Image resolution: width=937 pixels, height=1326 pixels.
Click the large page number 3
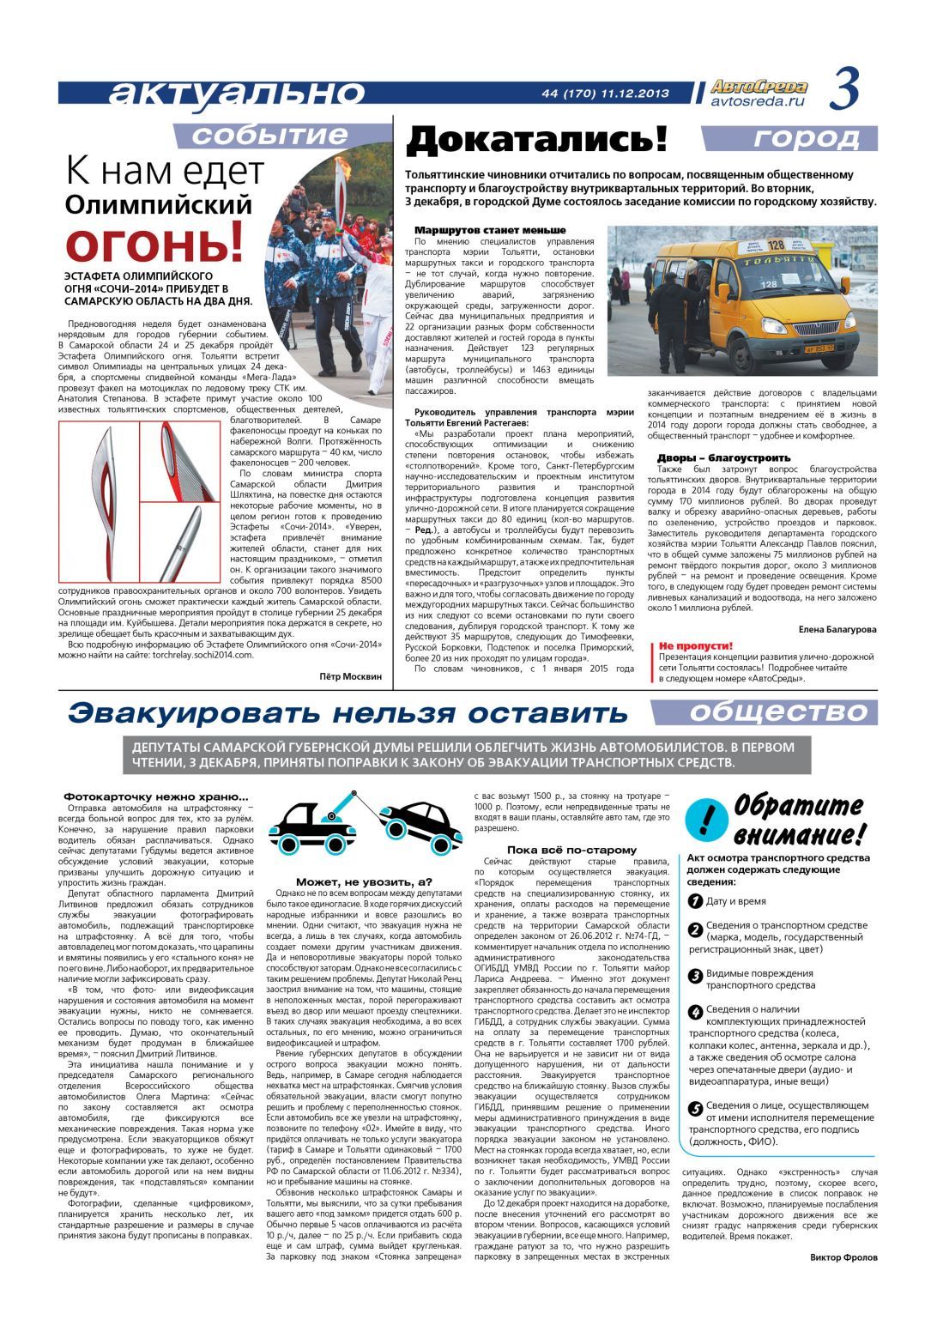coord(844,91)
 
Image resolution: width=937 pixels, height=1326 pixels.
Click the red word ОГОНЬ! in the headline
coord(154,243)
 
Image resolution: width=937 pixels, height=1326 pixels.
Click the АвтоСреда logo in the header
coord(760,87)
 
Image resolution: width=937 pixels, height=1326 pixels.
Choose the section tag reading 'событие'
coord(269,135)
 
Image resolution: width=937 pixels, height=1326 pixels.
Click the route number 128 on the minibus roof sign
coord(775,245)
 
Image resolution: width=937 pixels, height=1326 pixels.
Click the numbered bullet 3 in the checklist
coord(696,975)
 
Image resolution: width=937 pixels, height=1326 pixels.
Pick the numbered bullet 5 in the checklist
coord(696,1108)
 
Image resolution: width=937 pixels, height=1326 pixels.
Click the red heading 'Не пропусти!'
coord(695,645)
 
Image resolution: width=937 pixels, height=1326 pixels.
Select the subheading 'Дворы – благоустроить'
coord(723,457)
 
